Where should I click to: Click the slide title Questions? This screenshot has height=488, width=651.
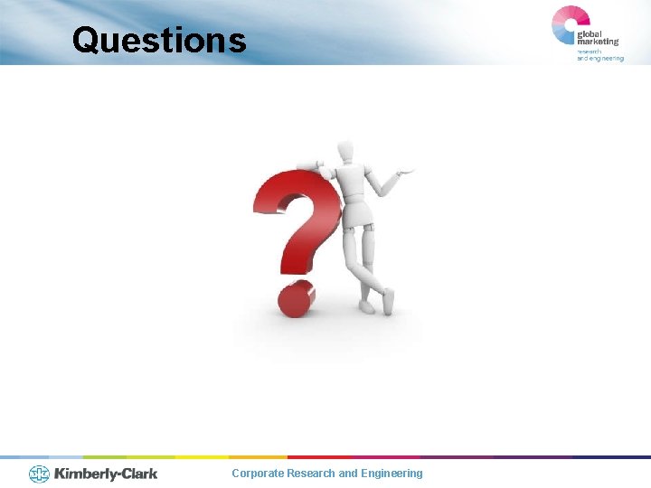159,40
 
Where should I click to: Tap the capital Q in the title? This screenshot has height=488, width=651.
87,40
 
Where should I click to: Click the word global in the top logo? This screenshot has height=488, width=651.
593,33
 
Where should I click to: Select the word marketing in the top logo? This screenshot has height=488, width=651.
598,42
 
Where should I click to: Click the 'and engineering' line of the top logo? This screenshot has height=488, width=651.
599,58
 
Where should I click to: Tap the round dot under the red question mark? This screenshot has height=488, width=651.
295,299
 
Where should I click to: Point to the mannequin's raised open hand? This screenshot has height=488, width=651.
406,170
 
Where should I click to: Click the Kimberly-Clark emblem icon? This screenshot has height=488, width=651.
40,474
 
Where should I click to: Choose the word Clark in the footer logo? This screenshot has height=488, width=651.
137,474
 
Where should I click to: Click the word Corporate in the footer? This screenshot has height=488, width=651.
257,474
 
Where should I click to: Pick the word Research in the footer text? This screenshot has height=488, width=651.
310,474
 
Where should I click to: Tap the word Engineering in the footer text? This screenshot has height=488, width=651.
392,474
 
